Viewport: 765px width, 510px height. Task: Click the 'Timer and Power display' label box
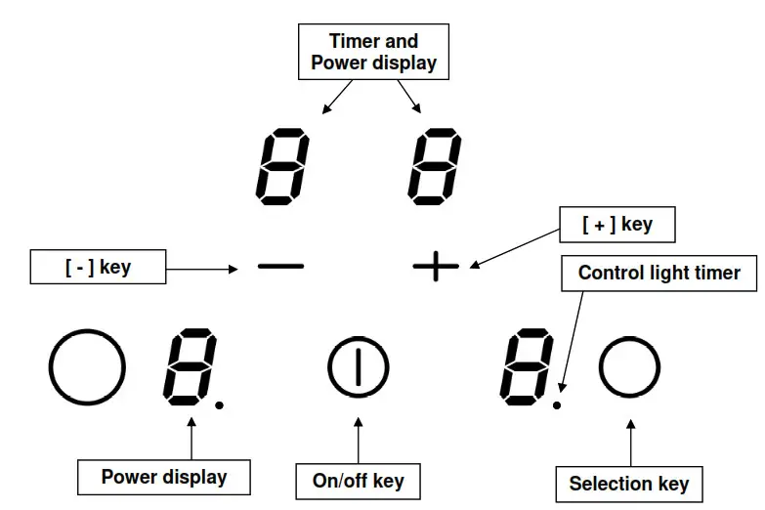pos(373,53)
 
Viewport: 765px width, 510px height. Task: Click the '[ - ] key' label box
pos(98,267)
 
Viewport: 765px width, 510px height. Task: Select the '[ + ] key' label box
pos(616,225)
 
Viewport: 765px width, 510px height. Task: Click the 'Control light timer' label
pos(659,274)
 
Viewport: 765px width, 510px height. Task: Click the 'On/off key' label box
pos(358,480)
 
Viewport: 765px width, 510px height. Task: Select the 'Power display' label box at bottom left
pos(163,477)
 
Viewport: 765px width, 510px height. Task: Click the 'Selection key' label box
pos(628,483)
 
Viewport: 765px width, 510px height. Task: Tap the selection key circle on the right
pos(630,367)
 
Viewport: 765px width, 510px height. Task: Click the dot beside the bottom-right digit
pos(557,402)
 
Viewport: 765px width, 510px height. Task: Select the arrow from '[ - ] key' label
pos(201,267)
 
